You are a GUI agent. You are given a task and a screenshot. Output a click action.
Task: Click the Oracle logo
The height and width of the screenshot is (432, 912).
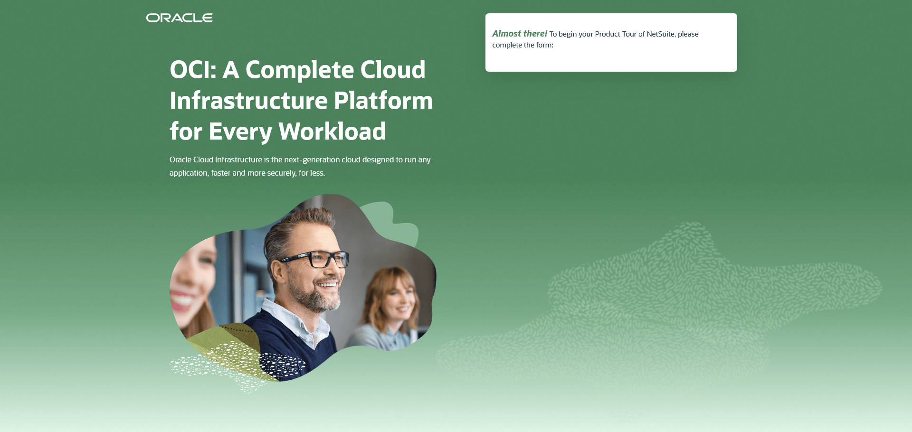179,18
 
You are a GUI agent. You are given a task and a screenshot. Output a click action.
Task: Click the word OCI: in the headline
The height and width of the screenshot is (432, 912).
193,70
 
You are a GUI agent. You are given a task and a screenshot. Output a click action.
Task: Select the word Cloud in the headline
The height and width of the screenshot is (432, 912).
392,70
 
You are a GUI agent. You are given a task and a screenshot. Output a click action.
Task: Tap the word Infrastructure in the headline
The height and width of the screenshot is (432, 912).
248,101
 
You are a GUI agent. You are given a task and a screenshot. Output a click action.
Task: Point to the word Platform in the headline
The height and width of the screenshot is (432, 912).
383,101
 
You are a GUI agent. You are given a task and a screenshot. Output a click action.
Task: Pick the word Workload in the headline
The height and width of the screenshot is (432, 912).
332,131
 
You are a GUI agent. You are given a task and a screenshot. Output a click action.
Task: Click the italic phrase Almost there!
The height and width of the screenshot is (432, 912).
520,34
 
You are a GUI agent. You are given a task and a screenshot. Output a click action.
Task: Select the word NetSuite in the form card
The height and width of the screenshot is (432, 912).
660,34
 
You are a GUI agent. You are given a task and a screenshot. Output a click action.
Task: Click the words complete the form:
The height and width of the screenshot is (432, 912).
522,45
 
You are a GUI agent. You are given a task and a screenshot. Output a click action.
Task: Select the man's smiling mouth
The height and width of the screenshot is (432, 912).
328,284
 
